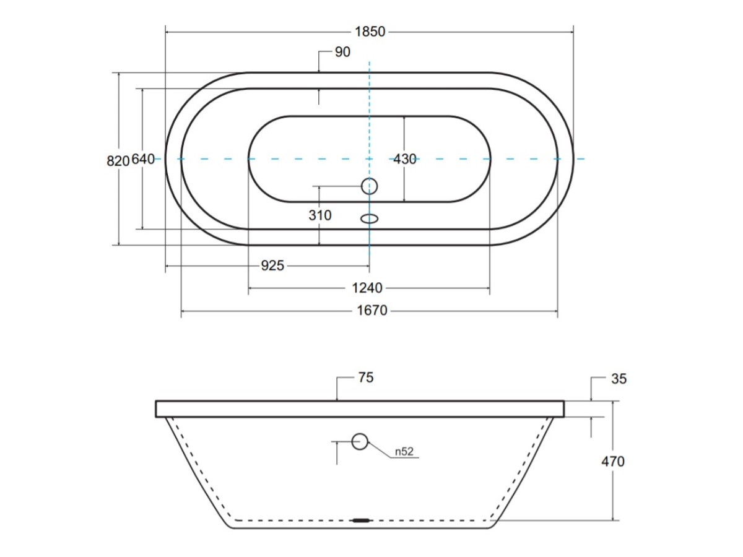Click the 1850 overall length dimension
coord(370,32)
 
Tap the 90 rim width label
coord(342,52)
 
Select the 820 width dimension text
coord(118,161)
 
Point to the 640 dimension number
coord(143,159)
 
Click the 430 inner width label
coord(405,159)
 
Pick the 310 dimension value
coord(320,215)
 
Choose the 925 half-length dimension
coord(272,266)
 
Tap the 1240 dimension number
coord(367,288)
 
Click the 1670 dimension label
coord(372,311)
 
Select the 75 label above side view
coord(366,378)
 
